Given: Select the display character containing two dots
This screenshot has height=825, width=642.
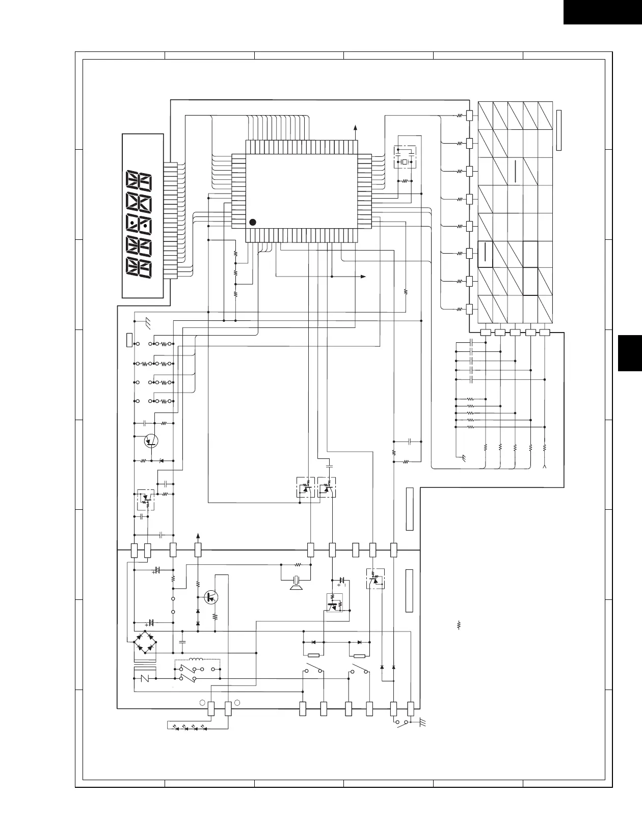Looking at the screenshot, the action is (x=139, y=225).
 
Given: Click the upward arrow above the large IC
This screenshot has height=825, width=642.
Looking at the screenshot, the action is (x=355, y=127).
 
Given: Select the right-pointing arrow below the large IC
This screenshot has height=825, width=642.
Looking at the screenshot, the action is (x=363, y=277).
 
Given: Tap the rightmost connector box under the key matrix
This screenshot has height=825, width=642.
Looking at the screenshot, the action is (x=544, y=333).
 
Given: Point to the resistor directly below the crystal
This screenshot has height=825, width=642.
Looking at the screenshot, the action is (x=405, y=180).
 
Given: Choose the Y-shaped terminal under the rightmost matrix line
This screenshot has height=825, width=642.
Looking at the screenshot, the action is (x=545, y=465).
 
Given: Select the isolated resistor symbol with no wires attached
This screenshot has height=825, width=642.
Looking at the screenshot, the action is (x=459, y=624).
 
